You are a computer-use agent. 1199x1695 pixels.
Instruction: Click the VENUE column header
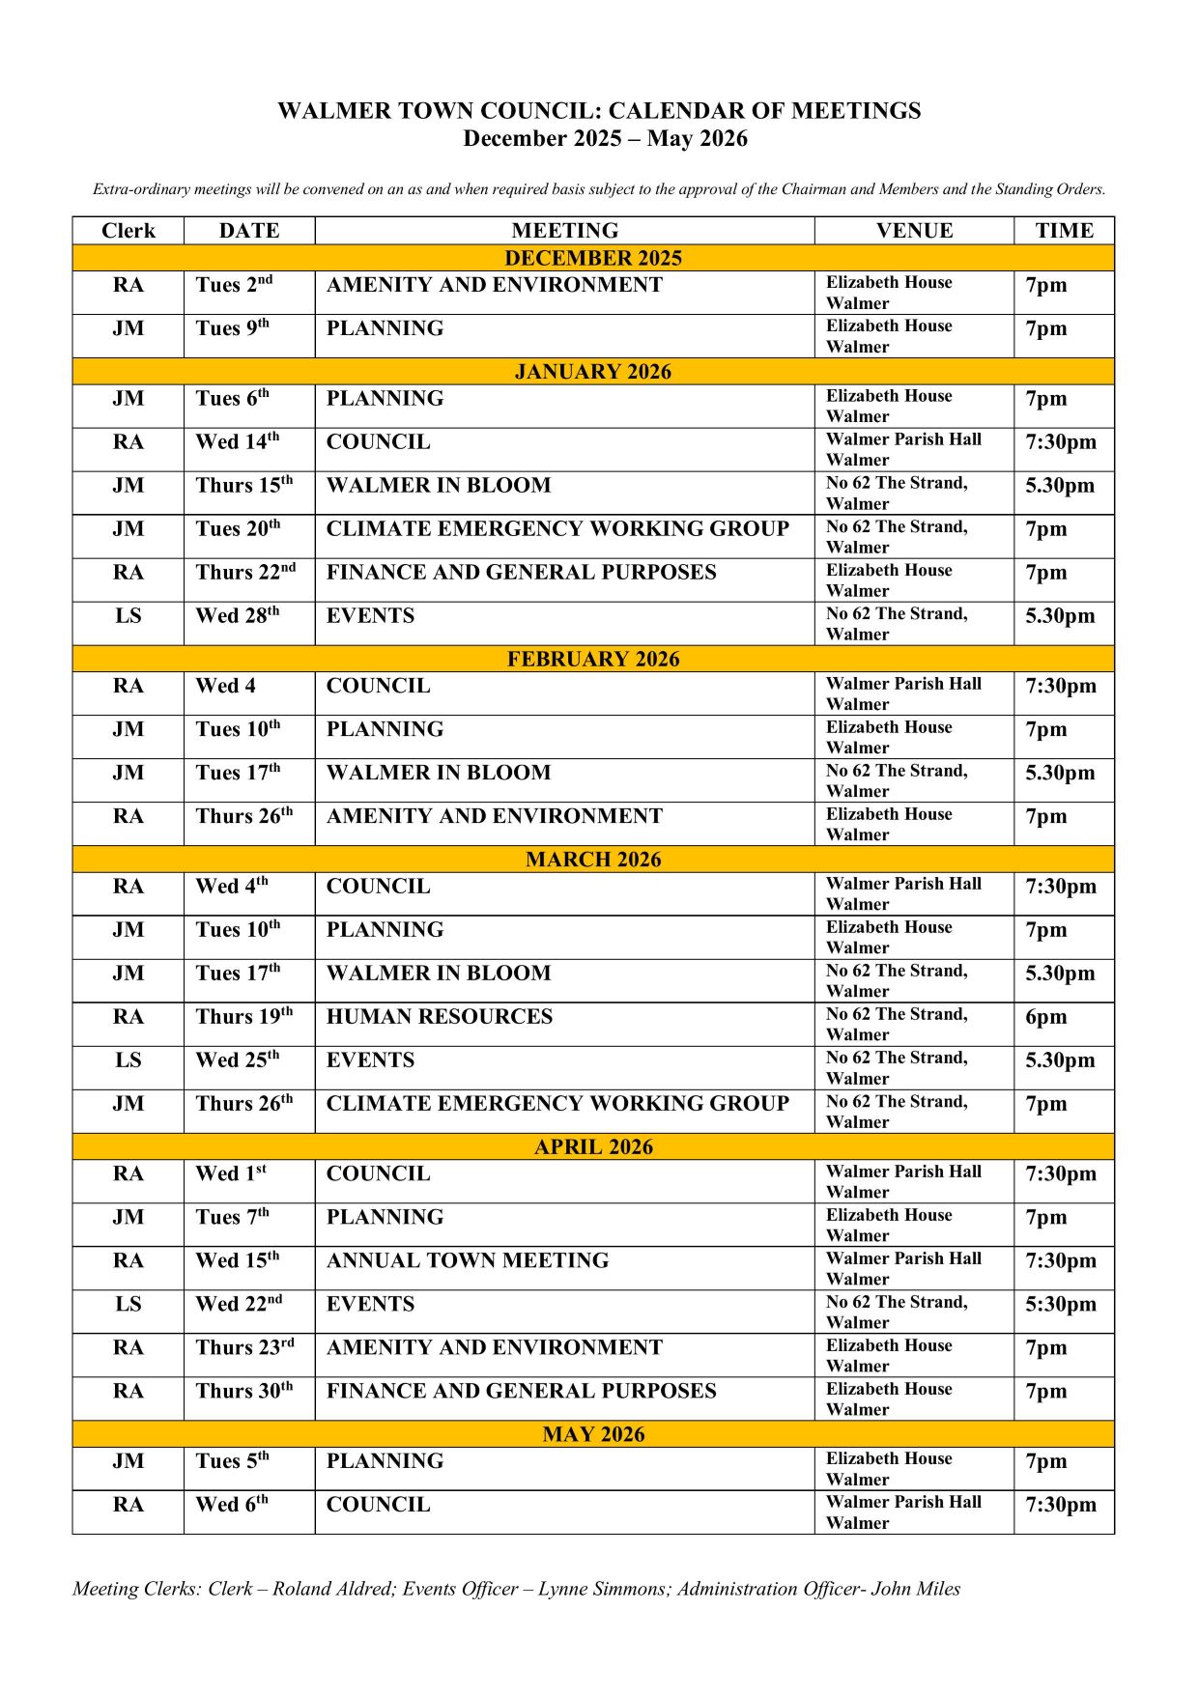pyautogui.click(x=914, y=231)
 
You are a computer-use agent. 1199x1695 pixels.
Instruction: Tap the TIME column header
pyautogui.click(x=1064, y=231)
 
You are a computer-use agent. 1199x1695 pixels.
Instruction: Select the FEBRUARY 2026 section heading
pyautogui.click(x=593, y=659)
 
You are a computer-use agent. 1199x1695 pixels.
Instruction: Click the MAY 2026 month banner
pyautogui.click(x=593, y=1434)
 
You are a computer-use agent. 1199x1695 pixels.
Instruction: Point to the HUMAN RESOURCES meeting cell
pyautogui.click(x=440, y=1017)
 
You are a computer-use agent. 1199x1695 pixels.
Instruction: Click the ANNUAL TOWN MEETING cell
pyautogui.click(x=468, y=1261)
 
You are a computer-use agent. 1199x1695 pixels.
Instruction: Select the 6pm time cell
pyautogui.click(x=1046, y=1017)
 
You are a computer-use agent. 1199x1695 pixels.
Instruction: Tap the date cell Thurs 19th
pyautogui.click(x=244, y=1017)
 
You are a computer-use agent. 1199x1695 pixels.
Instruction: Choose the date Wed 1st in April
pyautogui.click(x=231, y=1174)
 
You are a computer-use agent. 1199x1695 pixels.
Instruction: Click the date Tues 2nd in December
pyautogui.click(x=234, y=285)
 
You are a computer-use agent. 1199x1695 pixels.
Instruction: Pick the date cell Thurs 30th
pyautogui.click(x=244, y=1392)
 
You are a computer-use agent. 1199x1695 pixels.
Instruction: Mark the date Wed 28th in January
pyautogui.click(x=238, y=616)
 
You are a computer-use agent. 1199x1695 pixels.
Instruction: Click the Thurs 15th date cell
pyautogui.click(x=244, y=486)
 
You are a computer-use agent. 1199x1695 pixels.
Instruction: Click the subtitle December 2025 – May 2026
pyautogui.click(x=605, y=138)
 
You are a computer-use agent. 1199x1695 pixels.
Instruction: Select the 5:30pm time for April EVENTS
pyautogui.click(x=1060, y=1305)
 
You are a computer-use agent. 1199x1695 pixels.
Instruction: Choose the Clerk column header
pyautogui.click(x=128, y=231)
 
